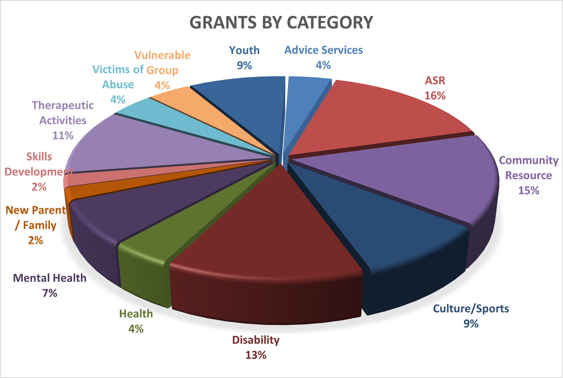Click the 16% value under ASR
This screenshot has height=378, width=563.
[x=435, y=96]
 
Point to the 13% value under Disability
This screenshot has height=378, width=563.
[x=256, y=355]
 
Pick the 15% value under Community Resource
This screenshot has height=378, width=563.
[x=529, y=191]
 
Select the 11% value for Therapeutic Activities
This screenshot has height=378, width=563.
[x=63, y=135]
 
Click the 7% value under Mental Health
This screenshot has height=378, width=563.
[x=50, y=293]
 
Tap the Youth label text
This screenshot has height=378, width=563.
[x=244, y=50]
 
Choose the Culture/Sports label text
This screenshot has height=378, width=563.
[x=471, y=309]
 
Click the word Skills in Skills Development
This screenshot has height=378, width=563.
[x=39, y=157]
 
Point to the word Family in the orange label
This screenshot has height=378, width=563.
[x=40, y=225]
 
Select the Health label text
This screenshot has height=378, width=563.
[x=136, y=314]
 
